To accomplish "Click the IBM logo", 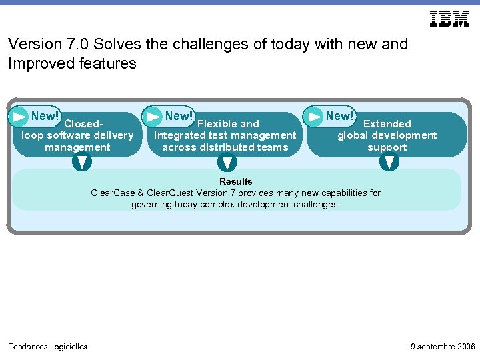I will pyautogui.click(x=449, y=19).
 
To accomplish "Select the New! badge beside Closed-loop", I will pyautogui.click(x=45, y=115).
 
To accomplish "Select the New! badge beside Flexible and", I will pyautogui.click(x=179, y=115).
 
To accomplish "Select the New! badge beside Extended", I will pyautogui.click(x=339, y=115).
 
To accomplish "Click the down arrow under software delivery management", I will pyautogui.click(x=81, y=162).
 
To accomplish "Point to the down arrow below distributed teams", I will pyautogui.click(x=228, y=163).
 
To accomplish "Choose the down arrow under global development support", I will pyautogui.click(x=390, y=162).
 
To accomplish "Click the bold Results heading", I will pyautogui.click(x=236, y=181).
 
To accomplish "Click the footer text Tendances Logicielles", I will pyautogui.click(x=47, y=346).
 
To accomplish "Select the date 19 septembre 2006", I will pyautogui.click(x=441, y=346).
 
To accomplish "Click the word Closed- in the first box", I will pyautogui.click(x=85, y=124).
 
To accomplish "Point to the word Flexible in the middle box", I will pyautogui.click(x=215, y=124).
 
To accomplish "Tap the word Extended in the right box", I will pyautogui.click(x=387, y=124).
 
